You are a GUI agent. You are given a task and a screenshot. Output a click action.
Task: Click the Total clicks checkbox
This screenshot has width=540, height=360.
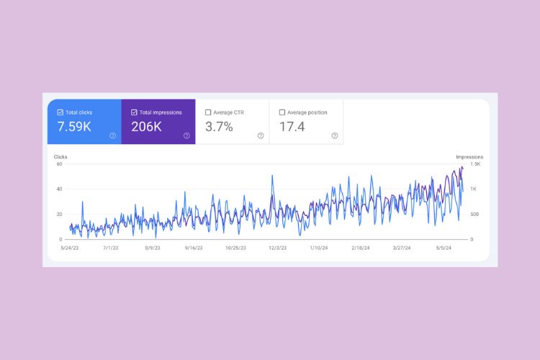pos(60,112)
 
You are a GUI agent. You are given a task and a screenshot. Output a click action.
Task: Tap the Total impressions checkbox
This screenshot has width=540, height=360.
pos(135,112)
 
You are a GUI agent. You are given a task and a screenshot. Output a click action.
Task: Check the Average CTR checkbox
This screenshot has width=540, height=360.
pos(208,112)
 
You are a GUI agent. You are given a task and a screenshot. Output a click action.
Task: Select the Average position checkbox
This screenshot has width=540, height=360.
pos(282,112)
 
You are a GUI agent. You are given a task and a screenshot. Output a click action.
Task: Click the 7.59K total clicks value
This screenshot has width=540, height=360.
pos(73,127)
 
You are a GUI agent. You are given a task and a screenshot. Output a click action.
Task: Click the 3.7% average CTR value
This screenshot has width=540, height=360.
pos(219,127)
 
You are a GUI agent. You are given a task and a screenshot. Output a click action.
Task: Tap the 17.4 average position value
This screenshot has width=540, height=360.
pos(292,127)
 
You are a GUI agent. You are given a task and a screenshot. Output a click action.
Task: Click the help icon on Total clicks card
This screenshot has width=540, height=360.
pos(112,135)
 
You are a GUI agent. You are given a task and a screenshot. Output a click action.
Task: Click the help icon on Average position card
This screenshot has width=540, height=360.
pos(334,135)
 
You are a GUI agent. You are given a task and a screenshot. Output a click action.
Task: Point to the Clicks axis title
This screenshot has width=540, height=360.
pos(60,156)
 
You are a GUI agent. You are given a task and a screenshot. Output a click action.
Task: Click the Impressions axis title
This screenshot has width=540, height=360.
pos(469,156)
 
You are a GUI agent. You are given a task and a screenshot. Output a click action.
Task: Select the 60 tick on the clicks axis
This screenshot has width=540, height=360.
pos(60,164)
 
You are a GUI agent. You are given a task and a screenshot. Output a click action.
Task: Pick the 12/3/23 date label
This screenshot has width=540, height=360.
pos(277,248)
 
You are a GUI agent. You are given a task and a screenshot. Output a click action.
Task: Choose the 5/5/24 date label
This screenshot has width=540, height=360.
pos(444,248)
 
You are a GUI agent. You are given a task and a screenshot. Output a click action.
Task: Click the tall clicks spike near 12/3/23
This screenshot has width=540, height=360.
pos(272,176)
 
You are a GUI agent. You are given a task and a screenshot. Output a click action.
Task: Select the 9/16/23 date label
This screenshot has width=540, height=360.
pos(194,248)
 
